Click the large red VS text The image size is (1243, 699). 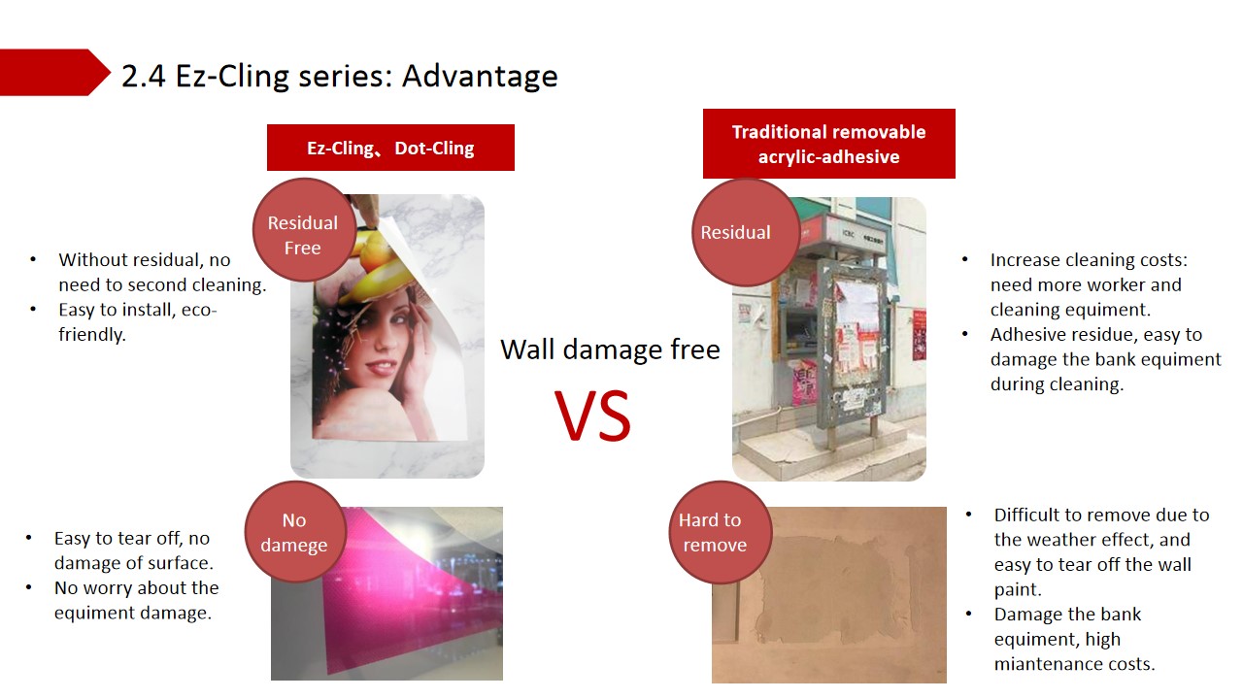coord(592,415)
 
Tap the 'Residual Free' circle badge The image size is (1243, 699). coord(304,230)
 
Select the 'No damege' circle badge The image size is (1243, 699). coord(295,532)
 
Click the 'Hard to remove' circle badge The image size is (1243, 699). coord(720,532)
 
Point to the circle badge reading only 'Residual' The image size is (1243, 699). coord(745,232)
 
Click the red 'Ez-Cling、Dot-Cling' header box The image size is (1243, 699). coord(390,148)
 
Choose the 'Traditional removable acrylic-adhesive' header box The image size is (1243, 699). coord(829,144)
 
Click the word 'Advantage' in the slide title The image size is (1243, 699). coord(480,76)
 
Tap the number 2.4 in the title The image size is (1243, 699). coord(143,76)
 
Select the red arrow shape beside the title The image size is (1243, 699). coord(53,72)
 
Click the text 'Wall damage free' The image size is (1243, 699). coord(610,349)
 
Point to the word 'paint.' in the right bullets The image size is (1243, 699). coord(1018,589)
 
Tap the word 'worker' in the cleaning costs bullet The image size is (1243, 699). coord(1112,284)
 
